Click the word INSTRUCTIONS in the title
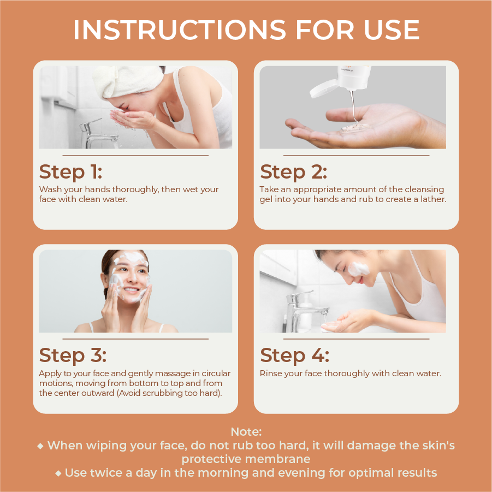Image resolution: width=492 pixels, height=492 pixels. pos(180,30)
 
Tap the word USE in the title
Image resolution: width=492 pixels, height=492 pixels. pos(392,30)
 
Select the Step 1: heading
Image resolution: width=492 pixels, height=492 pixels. pos(70,172)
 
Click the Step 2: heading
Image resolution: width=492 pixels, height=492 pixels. pos(293,172)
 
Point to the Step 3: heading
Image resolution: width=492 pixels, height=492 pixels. pos(73,355)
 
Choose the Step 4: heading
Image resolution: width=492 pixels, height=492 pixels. pos(295,355)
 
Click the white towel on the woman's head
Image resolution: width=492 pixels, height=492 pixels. pos(127,81)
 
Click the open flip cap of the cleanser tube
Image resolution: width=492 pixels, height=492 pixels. pos(323,88)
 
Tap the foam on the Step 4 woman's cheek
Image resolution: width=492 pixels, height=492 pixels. pos(358,269)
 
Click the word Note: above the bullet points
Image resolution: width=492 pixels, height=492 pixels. pos(246,432)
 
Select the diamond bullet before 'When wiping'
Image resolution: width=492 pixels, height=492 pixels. pos(40,446)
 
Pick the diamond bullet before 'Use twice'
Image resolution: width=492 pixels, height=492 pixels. pos(58,473)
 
